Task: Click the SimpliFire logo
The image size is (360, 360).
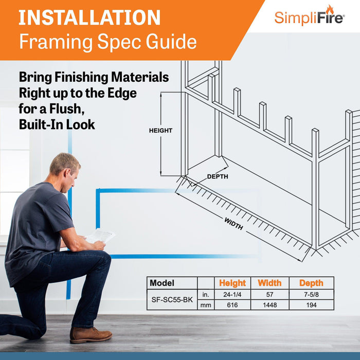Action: point(310,16)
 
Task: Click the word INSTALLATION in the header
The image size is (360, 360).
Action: point(90,17)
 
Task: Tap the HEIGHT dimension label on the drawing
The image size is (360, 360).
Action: point(160,131)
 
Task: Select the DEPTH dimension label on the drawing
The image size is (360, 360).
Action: point(217,176)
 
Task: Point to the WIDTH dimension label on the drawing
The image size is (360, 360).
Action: point(234,224)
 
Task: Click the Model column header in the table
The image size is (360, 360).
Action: point(162,283)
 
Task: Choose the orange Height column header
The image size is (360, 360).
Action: point(232,283)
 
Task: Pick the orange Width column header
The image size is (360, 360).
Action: point(269,283)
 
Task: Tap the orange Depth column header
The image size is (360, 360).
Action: point(311,283)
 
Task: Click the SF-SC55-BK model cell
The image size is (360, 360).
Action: point(172,300)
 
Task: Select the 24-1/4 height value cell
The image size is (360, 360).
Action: point(232,295)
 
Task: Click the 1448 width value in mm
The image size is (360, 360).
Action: point(269,305)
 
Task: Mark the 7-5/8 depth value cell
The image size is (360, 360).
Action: point(311,295)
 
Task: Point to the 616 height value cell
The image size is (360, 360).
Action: point(232,305)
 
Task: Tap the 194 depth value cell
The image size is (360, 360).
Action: point(311,305)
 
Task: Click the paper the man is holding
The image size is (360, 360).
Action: point(100,236)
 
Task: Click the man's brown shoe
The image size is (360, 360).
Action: point(91,335)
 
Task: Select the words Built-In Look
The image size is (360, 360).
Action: point(57,124)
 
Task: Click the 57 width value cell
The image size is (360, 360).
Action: point(269,295)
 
